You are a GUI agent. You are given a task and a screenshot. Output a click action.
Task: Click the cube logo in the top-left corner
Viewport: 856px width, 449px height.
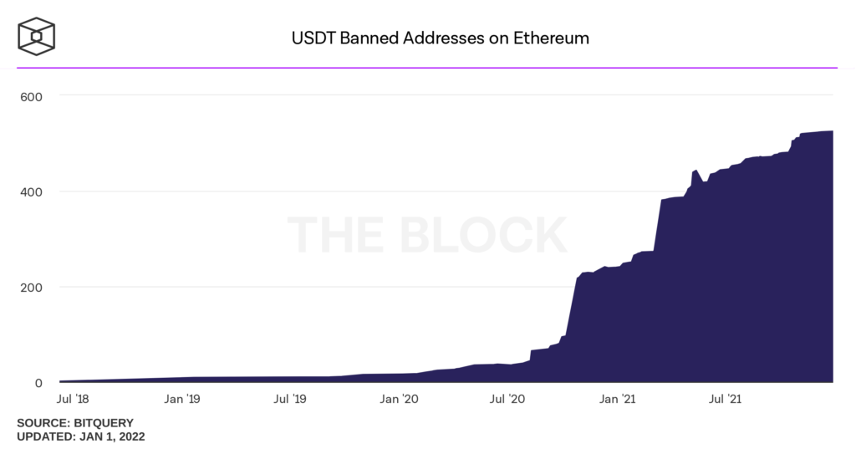point(36,38)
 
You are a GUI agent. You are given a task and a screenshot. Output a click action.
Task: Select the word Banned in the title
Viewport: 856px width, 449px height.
point(360,38)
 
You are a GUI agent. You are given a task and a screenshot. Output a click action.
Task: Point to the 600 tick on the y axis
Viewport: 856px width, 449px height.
point(31,96)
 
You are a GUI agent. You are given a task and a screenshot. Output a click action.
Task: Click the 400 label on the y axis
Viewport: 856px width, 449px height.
point(31,191)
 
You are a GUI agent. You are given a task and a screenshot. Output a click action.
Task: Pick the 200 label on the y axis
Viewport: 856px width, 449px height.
point(31,288)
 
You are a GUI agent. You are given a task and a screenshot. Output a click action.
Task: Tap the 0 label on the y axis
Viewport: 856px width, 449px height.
point(38,383)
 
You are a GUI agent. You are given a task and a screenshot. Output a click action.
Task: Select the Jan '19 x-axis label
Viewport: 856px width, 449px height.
point(182,400)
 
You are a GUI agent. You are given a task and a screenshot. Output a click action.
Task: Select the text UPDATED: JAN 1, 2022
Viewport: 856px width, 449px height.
point(81,436)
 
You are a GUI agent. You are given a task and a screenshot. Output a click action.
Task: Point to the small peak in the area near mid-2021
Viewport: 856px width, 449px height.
point(695,171)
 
